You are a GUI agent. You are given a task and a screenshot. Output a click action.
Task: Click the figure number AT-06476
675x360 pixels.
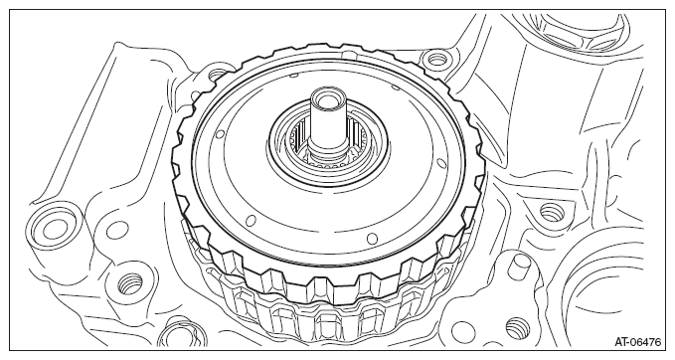637,342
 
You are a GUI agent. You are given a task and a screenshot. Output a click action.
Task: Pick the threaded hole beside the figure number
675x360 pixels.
518,328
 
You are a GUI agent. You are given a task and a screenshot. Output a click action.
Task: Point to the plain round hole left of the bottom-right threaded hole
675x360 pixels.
462,331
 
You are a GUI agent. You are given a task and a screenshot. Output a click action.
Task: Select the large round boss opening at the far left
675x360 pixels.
54,228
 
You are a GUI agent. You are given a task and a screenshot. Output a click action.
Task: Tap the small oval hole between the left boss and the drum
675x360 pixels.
116,230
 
